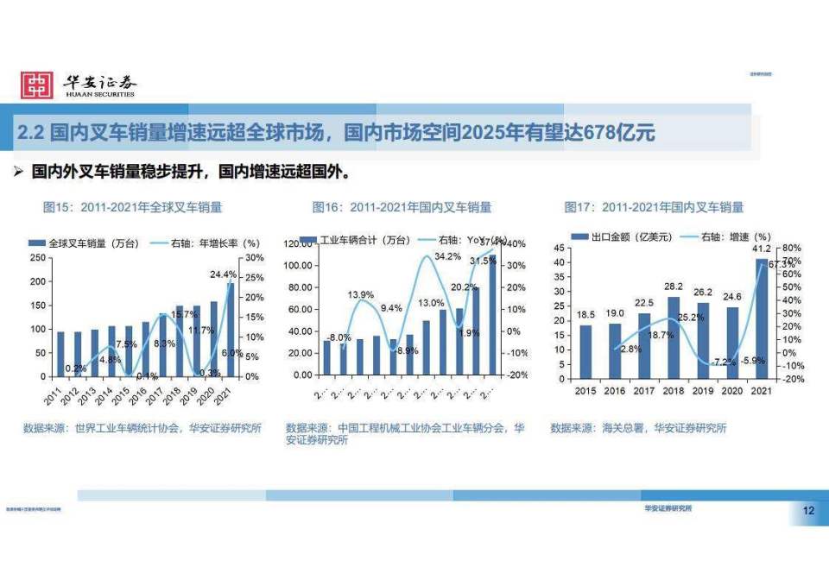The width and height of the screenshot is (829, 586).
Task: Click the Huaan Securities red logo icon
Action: (x=37, y=85)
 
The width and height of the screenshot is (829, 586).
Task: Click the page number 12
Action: (x=808, y=512)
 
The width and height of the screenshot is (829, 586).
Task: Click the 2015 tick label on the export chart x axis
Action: (x=585, y=391)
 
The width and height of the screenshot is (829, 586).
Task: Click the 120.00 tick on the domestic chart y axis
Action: (x=296, y=244)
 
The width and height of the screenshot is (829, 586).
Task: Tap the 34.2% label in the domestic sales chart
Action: (x=446, y=256)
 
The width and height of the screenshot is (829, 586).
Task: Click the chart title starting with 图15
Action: (x=132, y=207)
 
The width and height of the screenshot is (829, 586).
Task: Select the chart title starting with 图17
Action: (x=653, y=207)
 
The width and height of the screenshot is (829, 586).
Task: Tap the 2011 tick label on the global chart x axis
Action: (x=54, y=397)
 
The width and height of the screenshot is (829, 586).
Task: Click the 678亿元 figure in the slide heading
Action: (x=619, y=133)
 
